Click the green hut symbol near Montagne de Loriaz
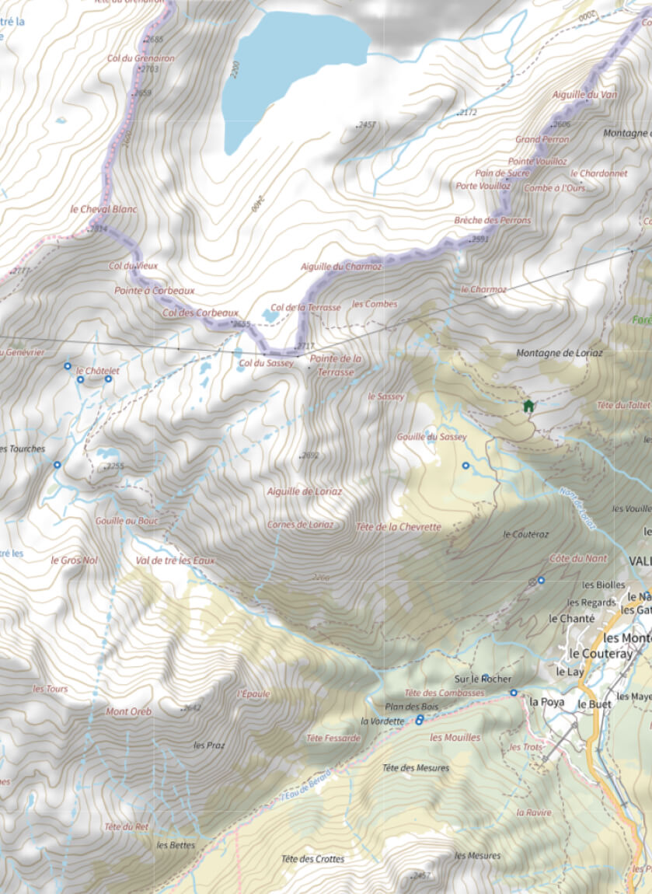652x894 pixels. pos(528,406)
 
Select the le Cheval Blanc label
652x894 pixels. pos(103,209)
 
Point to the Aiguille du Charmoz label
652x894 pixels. pos(341,267)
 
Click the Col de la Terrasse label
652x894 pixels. pos(305,307)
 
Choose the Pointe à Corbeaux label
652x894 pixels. pos(154,290)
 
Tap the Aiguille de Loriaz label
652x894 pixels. pos(304,491)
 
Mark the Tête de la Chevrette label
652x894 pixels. pos(398,526)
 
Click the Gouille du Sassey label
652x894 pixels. pos(431,437)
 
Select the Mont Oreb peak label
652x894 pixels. pos(129,711)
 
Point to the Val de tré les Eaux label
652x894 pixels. pos(175,560)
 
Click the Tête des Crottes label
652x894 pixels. pos(312,859)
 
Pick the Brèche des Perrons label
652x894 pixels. pos(493,220)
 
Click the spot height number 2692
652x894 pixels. pos(311,456)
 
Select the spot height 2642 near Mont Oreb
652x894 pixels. pos(192,708)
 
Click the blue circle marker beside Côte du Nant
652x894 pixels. pos(541,581)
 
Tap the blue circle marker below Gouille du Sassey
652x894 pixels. pos(465,466)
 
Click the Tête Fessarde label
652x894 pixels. pos(333,738)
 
